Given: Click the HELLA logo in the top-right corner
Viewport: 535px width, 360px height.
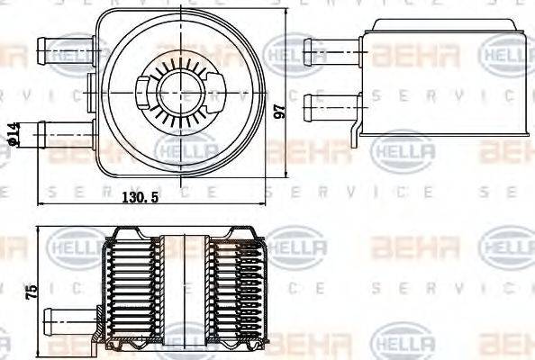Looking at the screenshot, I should pos(507,59).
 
